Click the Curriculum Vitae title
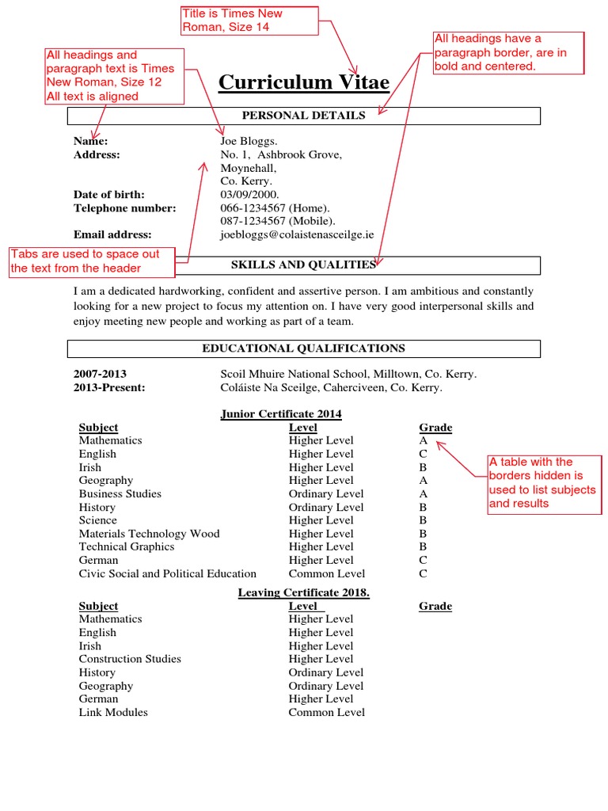304,82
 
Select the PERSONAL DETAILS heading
304,116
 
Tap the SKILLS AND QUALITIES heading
303,265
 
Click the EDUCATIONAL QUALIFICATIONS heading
303,348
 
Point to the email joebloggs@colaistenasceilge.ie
297,235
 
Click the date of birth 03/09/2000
249,195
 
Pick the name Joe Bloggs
249,141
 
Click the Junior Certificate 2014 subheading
281,414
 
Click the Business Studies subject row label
120,494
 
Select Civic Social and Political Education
168,574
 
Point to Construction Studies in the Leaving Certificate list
130,659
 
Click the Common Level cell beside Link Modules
326,713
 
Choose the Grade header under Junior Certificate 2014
435,428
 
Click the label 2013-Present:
109,388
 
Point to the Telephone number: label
125,208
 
